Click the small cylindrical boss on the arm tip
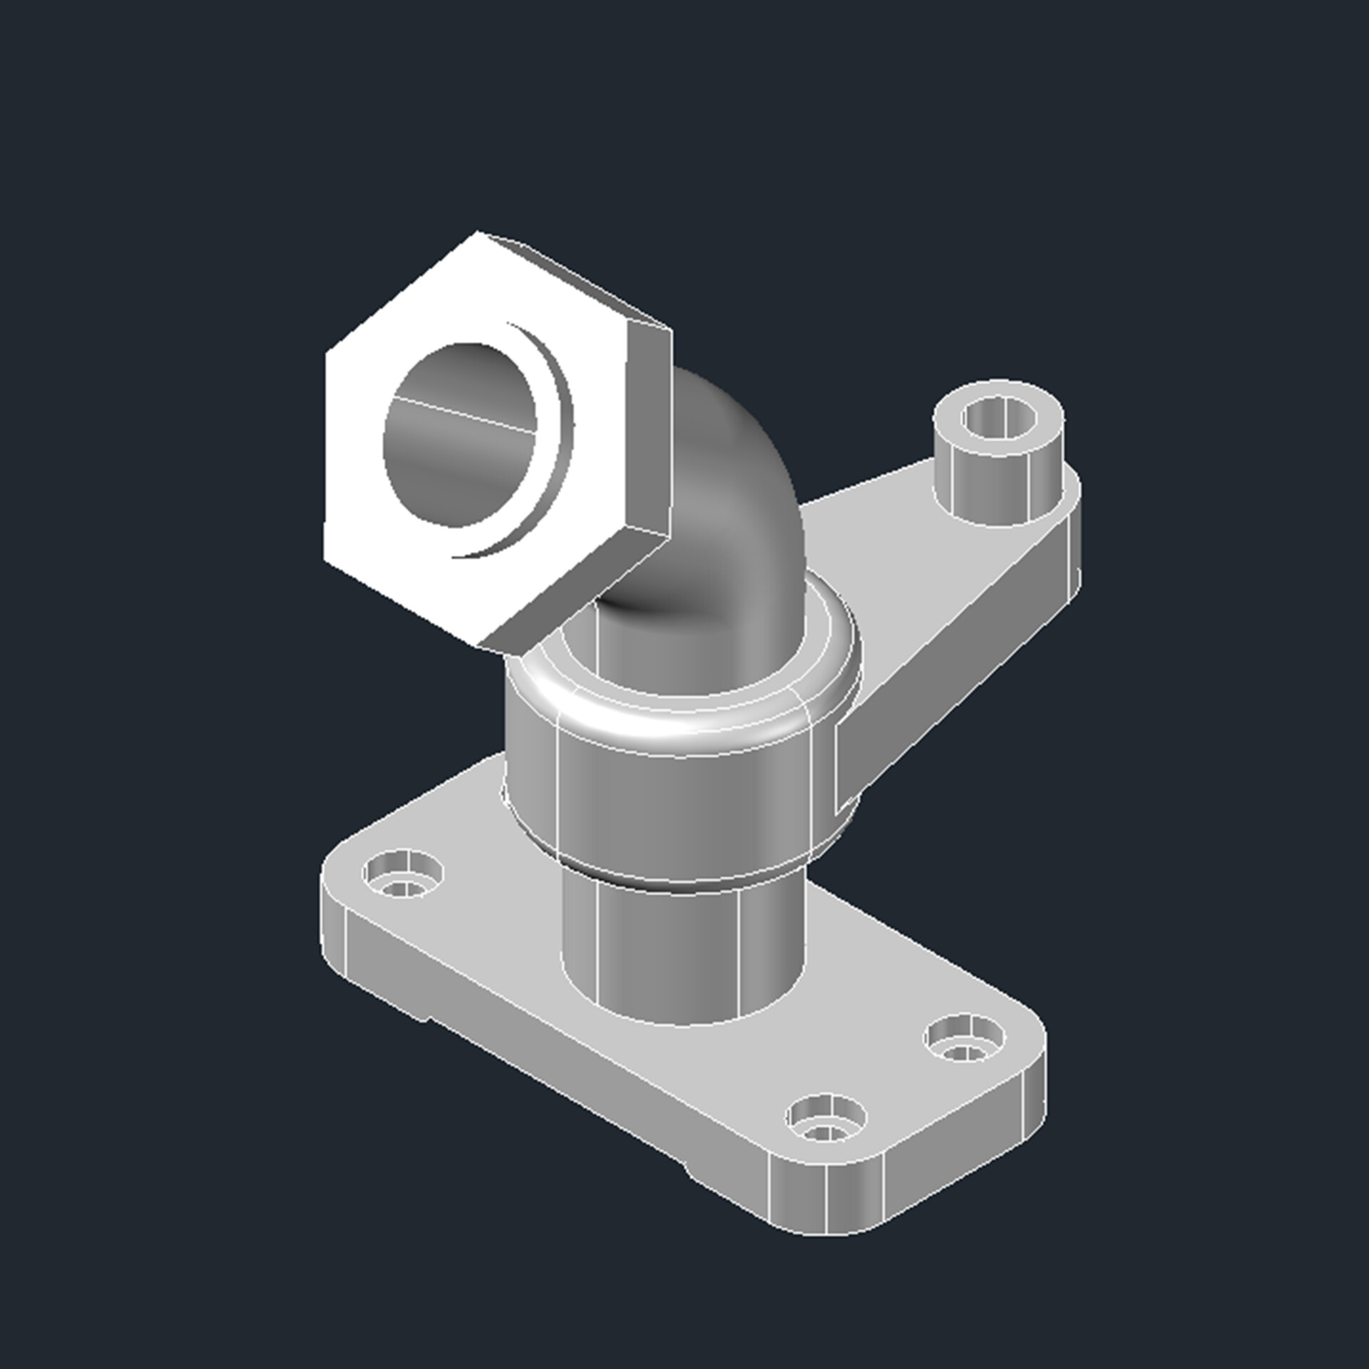click(x=998, y=485)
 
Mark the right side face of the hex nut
click(x=649, y=428)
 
